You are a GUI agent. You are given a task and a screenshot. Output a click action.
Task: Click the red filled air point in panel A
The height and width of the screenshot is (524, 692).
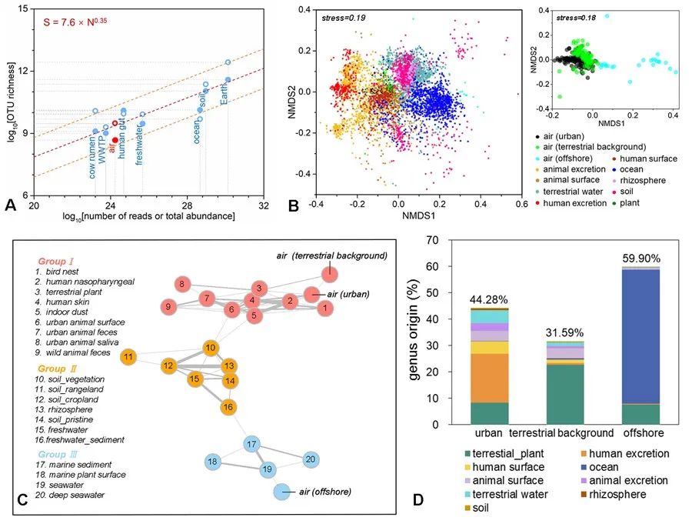[115, 140]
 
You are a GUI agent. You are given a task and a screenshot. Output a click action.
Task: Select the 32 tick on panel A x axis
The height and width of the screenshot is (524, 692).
[263, 207]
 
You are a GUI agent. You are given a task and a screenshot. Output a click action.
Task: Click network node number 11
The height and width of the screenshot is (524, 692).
[130, 356]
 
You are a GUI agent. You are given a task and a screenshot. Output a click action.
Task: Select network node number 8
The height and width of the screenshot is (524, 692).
[181, 285]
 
